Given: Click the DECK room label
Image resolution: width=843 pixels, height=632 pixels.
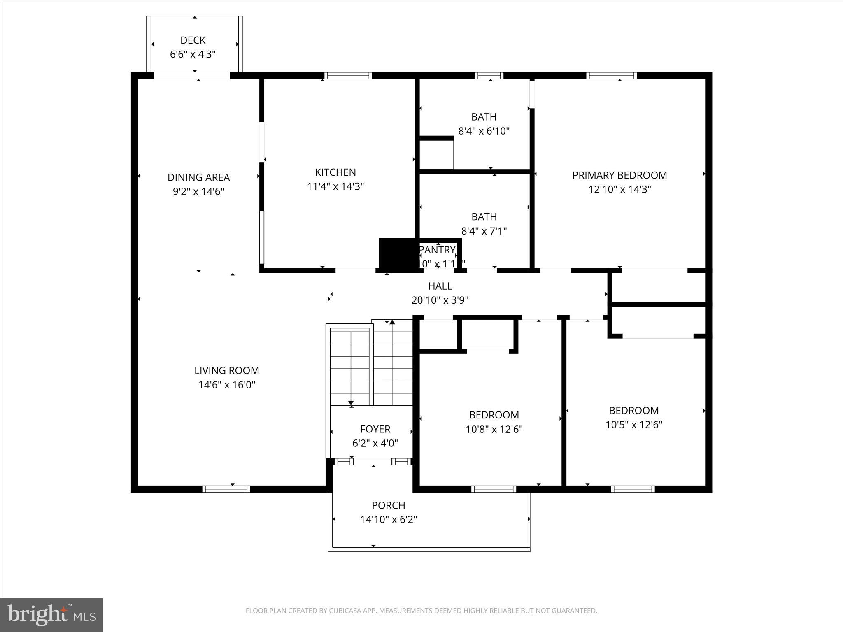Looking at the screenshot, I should [193, 40].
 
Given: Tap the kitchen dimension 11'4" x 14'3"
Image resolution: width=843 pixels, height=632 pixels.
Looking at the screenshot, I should [335, 186].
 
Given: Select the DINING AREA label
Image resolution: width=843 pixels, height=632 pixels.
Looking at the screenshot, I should [198, 177].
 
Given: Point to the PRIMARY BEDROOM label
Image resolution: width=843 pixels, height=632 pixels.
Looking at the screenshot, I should [619, 175].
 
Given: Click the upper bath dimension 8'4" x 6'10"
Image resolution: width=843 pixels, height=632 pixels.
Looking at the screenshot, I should [484, 131].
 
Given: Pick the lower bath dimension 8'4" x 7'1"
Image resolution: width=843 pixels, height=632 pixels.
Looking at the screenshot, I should [484, 231].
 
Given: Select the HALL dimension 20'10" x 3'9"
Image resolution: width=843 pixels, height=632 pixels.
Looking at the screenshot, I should [440, 300].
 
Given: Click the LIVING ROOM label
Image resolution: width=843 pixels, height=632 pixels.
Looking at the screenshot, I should [227, 370].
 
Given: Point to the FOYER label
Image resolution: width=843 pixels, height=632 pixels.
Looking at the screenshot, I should [375, 429].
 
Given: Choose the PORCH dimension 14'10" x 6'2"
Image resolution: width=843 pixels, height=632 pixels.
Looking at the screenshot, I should [389, 520].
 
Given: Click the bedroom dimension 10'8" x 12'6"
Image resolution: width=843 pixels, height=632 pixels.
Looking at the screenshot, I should [494, 430].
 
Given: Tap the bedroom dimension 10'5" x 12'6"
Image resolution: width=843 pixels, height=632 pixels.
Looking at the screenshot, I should [633, 425].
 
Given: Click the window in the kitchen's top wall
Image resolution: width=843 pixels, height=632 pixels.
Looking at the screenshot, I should [348, 76].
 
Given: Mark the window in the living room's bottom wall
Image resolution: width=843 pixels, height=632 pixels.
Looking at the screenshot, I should [226, 489].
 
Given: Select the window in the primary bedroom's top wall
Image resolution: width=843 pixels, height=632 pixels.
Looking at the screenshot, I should [611, 76].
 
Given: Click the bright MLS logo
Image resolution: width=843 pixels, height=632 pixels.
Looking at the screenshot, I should [51, 615].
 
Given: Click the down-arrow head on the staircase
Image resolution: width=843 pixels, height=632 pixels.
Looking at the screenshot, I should [351, 403].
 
